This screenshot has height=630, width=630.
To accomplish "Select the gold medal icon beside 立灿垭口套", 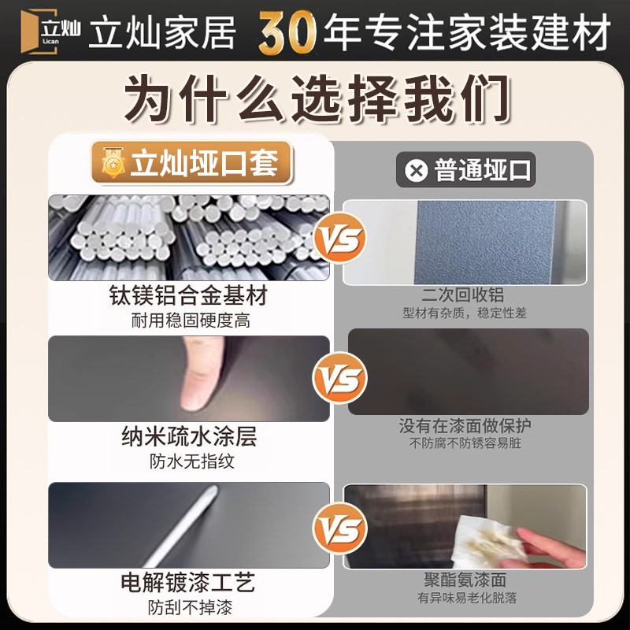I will tap(113, 165).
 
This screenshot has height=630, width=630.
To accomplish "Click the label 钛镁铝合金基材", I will tap(189, 296).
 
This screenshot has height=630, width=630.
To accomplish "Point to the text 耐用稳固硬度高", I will tap(189, 321).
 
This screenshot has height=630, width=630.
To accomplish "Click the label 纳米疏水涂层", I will tap(189, 436).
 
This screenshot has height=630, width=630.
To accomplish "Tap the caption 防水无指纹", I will tap(189, 461).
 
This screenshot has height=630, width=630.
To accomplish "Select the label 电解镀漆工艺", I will tap(189, 584).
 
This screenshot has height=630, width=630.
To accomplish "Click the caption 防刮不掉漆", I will tap(189, 608).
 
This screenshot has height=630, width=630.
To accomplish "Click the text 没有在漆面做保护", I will tap(465, 426).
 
